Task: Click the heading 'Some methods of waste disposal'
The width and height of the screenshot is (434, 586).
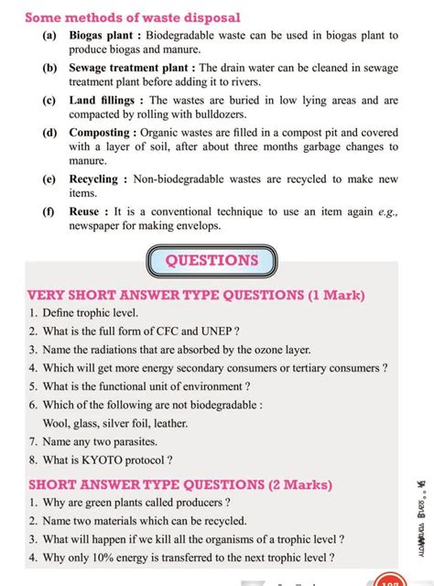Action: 133,17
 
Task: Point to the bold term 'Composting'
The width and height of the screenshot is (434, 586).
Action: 102,133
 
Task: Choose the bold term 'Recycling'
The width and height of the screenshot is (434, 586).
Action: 93,179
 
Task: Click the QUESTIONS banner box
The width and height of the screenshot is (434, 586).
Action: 212,260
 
